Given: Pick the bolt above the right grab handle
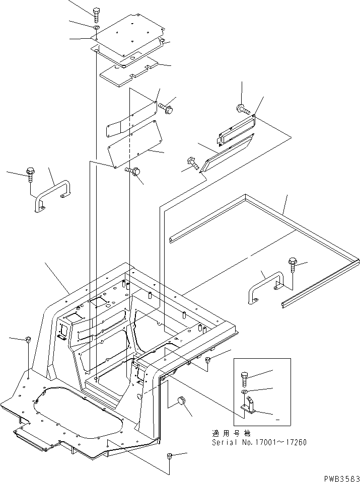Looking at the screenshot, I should click(x=292, y=262).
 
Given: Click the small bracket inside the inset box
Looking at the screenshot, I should click(x=248, y=408).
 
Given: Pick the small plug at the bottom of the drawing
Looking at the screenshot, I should click(x=169, y=456).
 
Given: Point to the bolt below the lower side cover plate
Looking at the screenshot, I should click(x=133, y=172).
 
